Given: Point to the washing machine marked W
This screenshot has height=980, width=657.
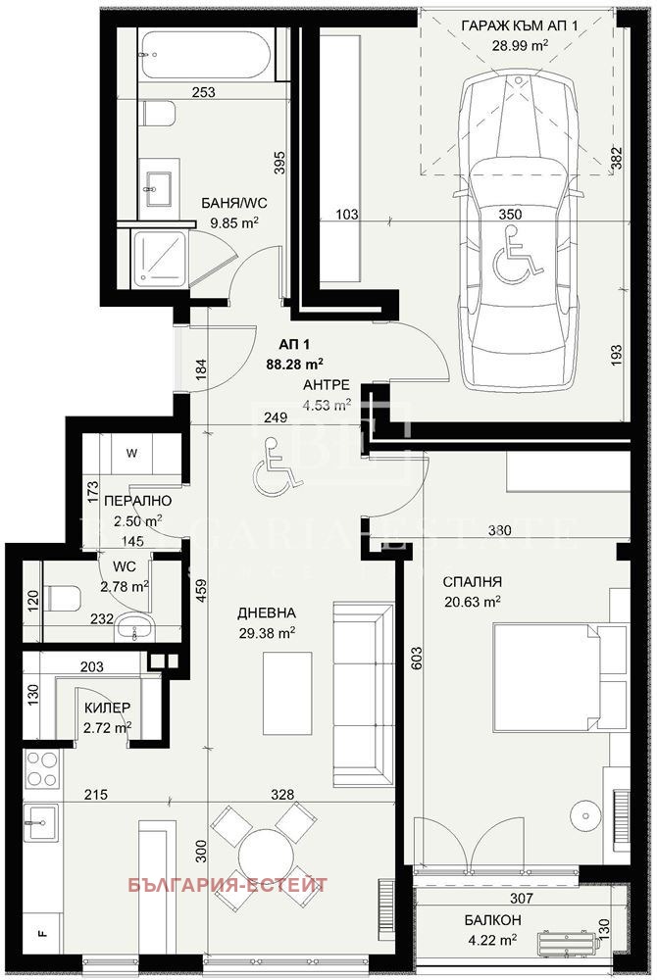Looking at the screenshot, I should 132,454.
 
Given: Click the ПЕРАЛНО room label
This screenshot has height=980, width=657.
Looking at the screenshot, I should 131,501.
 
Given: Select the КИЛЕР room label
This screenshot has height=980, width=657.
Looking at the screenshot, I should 108,707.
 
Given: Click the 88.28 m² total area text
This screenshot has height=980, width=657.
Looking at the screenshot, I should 296,362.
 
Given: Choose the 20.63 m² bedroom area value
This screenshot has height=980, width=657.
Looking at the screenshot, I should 473,602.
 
